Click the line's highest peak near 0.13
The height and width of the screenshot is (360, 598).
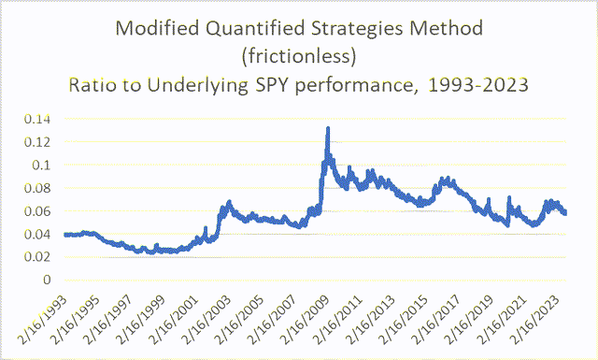[x=328, y=128]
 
